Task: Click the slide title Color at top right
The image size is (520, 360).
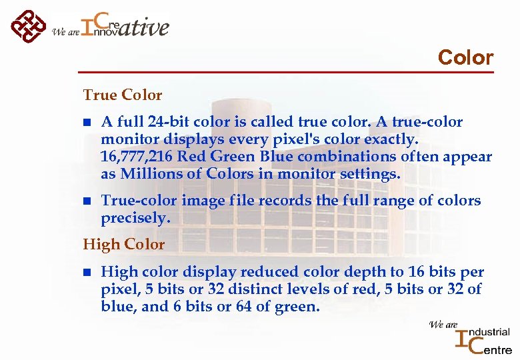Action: pos(465,57)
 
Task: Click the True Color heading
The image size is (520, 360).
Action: pos(122,95)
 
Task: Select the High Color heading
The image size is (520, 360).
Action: pos(123,244)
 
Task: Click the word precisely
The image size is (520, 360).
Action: pos(135,219)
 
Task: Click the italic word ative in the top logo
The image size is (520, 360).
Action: pos(145,27)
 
